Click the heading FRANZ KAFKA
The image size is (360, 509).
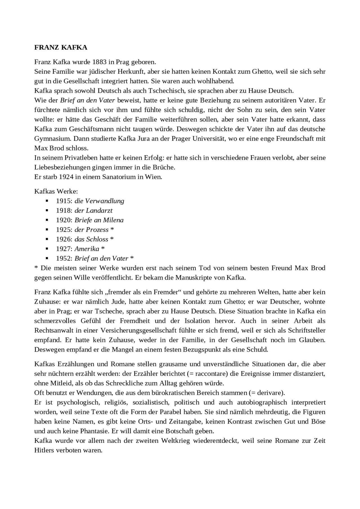click(x=61, y=47)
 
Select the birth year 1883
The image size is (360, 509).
click(x=99, y=62)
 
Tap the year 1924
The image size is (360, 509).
click(x=66, y=177)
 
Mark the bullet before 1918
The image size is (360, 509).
click(x=47, y=211)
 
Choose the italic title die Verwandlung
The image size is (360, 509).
click(x=99, y=201)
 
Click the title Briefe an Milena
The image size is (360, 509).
click(x=99, y=220)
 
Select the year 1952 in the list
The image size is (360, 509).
click(x=64, y=258)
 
